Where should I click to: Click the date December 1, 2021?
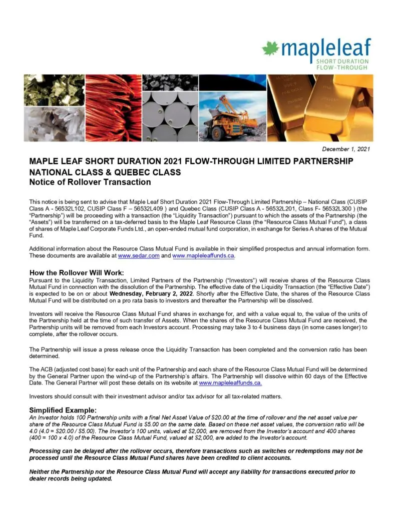[x=346, y=149]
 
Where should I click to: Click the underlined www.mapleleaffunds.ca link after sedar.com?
[x=203, y=256]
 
